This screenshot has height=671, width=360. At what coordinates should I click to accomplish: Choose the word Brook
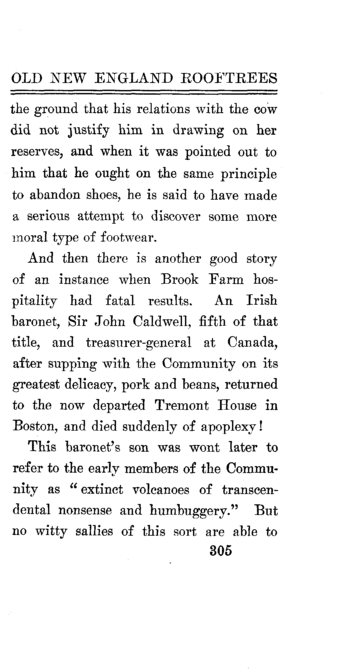[x=180, y=279]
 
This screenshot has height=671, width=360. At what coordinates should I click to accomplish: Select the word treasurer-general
[x=139, y=343]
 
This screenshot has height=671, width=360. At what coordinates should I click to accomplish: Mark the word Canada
[x=253, y=343]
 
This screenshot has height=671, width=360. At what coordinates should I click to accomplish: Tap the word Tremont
[x=182, y=406]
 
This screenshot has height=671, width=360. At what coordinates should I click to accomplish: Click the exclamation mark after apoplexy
[x=262, y=427]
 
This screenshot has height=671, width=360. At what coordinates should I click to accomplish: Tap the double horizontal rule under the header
[x=144, y=91]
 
